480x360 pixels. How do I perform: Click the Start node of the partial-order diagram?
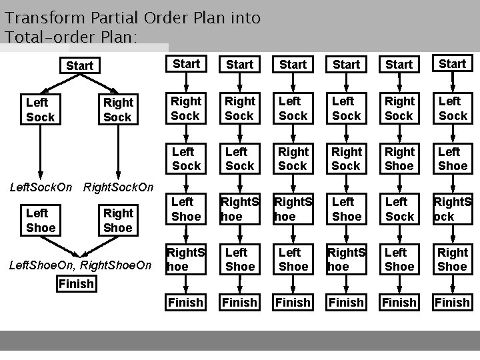click(80, 65)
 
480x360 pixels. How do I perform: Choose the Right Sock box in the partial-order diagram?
click(118, 110)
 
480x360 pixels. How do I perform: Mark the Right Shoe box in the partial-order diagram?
click(118, 221)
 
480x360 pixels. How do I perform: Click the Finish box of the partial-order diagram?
click(76, 285)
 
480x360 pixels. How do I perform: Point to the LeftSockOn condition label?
click(41, 187)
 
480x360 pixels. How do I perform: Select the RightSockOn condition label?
click(117, 187)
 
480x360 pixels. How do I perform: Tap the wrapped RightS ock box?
click(453, 209)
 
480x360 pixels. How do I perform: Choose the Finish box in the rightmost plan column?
click(453, 303)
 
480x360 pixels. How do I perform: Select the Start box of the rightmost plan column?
click(453, 64)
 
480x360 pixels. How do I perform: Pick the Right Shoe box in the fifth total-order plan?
click(399, 159)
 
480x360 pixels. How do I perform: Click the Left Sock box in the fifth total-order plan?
click(399, 209)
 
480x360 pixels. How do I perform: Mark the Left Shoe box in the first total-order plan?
click(186, 209)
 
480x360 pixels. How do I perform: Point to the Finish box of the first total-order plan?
click(186, 303)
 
